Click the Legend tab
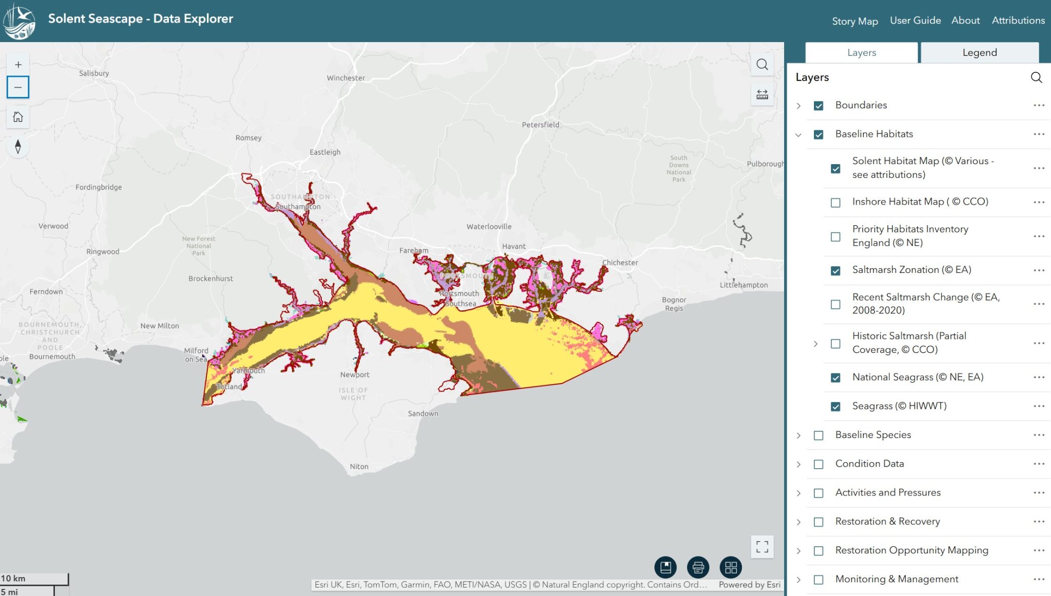pos(979,52)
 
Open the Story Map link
pos(854,21)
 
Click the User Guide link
pos(915,21)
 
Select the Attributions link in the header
pos(1018,21)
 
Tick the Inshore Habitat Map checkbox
pos(835,203)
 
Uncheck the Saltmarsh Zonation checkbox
pos(835,271)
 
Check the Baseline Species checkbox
pos(819,435)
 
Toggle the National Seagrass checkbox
pos(835,378)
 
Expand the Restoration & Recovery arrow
pos(799,522)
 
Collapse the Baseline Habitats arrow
pos(799,135)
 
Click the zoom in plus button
pos(18,65)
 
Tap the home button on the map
pos(18,117)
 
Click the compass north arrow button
pos(18,147)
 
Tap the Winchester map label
pos(346,78)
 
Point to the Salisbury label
pos(94,73)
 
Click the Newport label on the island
pos(355,375)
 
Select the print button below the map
pos(698,567)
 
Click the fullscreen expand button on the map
pos(762,547)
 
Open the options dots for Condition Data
pos(1039,464)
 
